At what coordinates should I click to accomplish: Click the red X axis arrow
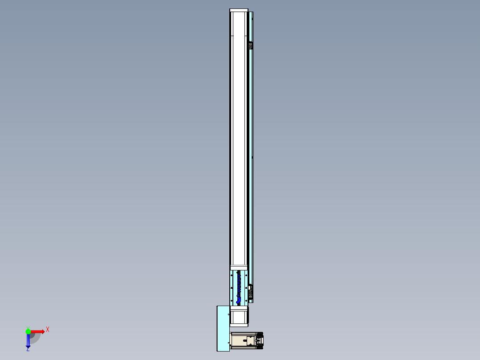(x=37, y=331)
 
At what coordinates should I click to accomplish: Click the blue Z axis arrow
(x=28, y=341)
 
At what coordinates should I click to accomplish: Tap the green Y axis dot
(x=28, y=331)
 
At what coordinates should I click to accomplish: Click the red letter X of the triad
(x=47, y=329)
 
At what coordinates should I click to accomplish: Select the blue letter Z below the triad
(x=28, y=350)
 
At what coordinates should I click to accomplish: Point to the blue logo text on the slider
(x=239, y=287)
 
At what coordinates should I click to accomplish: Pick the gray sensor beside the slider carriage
(x=251, y=292)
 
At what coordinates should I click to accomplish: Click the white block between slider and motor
(x=239, y=316)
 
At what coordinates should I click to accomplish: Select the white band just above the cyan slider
(x=239, y=267)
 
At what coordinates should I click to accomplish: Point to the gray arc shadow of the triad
(x=36, y=338)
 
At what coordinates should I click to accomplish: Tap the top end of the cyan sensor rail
(x=252, y=16)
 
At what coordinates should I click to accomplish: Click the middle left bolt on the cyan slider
(x=232, y=288)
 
